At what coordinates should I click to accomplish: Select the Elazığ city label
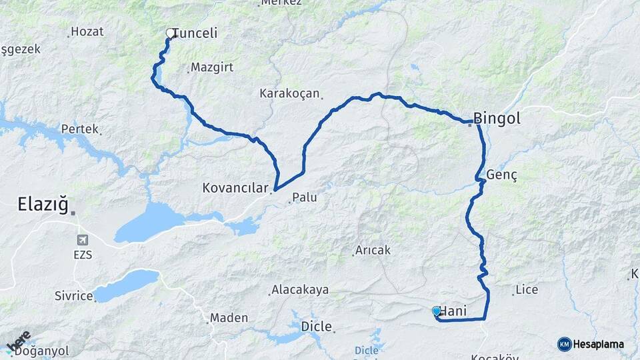pyautogui.click(x=43, y=205)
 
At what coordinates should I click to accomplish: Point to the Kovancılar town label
pyautogui.click(x=235, y=189)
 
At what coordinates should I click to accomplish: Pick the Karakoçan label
pyautogui.click(x=290, y=94)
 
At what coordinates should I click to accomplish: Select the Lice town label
pyautogui.click(x=527, y=291)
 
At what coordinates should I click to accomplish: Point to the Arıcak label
pyautogui.click(x=373, y=250)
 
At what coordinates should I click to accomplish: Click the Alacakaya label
pyautogui.click(x=300, y=290)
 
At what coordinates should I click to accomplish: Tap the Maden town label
pyautogui.click(x=229, y=318)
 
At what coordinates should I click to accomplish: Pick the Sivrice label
pyautogui.click(x=73, y=295)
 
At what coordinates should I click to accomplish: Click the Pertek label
pyautogui.click(x=79, y=129)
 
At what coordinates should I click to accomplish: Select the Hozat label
pyautogui.click(x=87, y=31)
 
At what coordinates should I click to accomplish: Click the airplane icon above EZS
pyautogui.click(x=82, y=240)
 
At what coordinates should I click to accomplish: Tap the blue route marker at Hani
pyautogui.click(x=437, y=311)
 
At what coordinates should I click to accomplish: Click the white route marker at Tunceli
pyautogui.click(x=170, y=32)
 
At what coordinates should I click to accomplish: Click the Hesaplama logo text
pyautogui.click(x=598, y=344)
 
